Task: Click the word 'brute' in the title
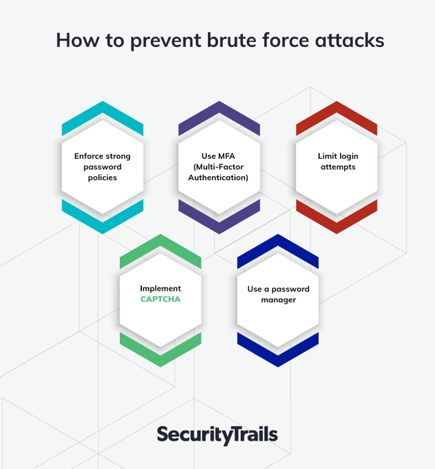click(x=232, y=40)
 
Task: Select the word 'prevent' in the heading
click(x=166, y=42)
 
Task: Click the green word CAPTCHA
click(x=161, y=299)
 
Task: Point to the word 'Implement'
click(x=161, y=289)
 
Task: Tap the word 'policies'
click(x=102, y=178)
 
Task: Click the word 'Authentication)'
click(x=218, y=178)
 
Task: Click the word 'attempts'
click(x=338, y=167)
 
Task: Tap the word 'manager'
click(x=278, y=300)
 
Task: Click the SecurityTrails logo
click(x=217, y=435)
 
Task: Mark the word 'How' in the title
click(x=78, y=40)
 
